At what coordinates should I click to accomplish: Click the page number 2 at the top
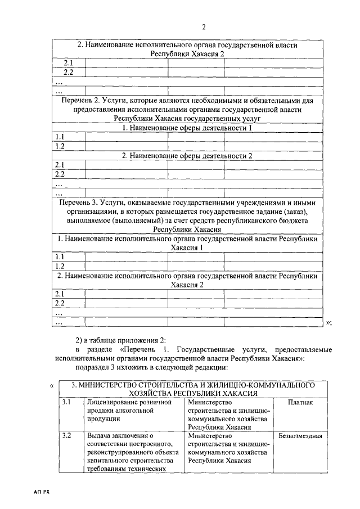click(204, 27)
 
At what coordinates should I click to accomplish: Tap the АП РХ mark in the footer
click(43, 492)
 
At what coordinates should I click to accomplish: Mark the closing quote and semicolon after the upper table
click(329, 322)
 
